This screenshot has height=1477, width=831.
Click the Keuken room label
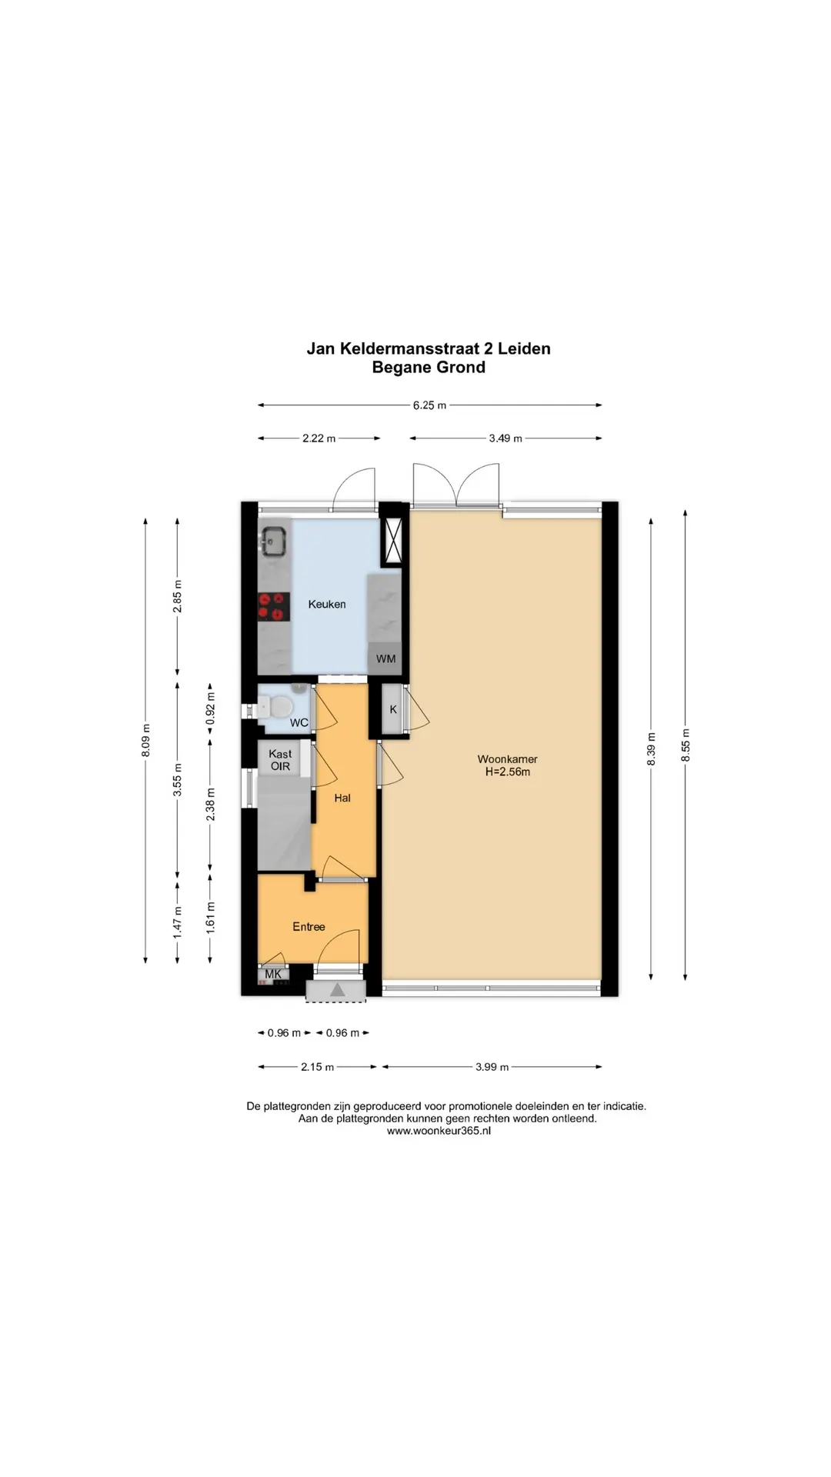(327, 605)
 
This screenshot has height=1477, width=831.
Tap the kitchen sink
(272, 540)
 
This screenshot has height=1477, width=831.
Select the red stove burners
(273, 606)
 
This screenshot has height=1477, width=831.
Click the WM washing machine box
(385, 658)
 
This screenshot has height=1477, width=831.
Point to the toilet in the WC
(274, 705)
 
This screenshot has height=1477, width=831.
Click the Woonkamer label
(507, 759)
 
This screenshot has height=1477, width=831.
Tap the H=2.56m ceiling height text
(507, 772)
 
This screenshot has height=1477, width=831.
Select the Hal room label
(342, 799)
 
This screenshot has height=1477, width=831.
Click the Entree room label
(309, 927)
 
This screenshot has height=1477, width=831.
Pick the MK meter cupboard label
(273, 974)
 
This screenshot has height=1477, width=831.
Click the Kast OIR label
(280, 760)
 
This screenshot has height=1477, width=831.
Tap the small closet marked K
(393, 709)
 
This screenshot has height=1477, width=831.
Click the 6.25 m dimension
(429, 405)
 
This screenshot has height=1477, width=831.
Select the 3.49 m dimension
(506, 438)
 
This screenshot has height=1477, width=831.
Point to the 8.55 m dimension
(686, 745)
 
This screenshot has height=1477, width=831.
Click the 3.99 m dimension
(492, 1067)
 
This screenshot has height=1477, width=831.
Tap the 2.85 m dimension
(178, 596)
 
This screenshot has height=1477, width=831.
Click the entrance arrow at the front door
(337, 991)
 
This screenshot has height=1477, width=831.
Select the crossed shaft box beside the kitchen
(392, 542)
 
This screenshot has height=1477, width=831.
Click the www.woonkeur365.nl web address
(439, 1131)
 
